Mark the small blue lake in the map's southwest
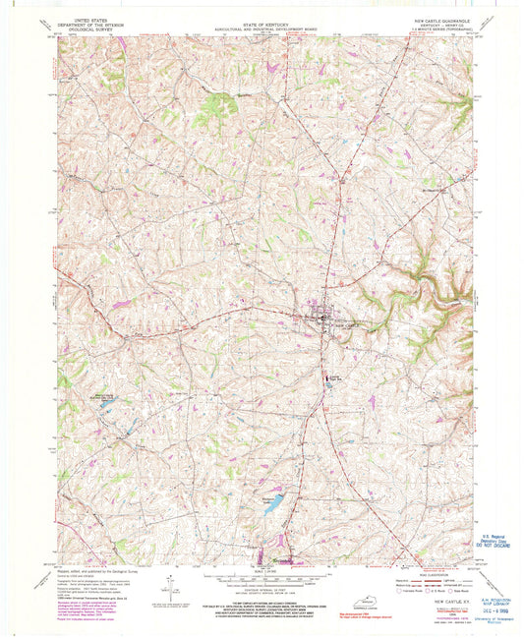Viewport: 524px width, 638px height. coord(105,403)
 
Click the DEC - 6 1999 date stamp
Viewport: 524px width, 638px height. coord(489,615)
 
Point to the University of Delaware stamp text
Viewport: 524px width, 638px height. coord(488,623)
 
